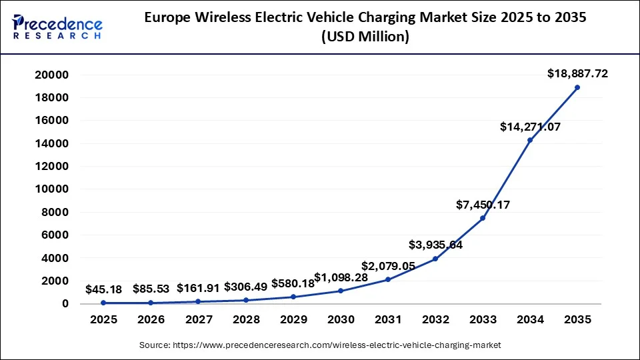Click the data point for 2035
(577, 87)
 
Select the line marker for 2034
(530, 140)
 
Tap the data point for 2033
(483, 218)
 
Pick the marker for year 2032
(435, 259)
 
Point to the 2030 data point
(341, 291)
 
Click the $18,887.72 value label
(577, 73)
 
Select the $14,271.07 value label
(530, 126)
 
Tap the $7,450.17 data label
(483, 205)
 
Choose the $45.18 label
(103, 289)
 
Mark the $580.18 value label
(293, 283)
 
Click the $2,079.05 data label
(388, 266)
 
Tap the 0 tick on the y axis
(65, 304)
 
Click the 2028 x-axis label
(246, 319)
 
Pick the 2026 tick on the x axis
(151, 319)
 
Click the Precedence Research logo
(57, 27)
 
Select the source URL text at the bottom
(320, 345)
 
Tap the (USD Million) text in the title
(365, 37)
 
